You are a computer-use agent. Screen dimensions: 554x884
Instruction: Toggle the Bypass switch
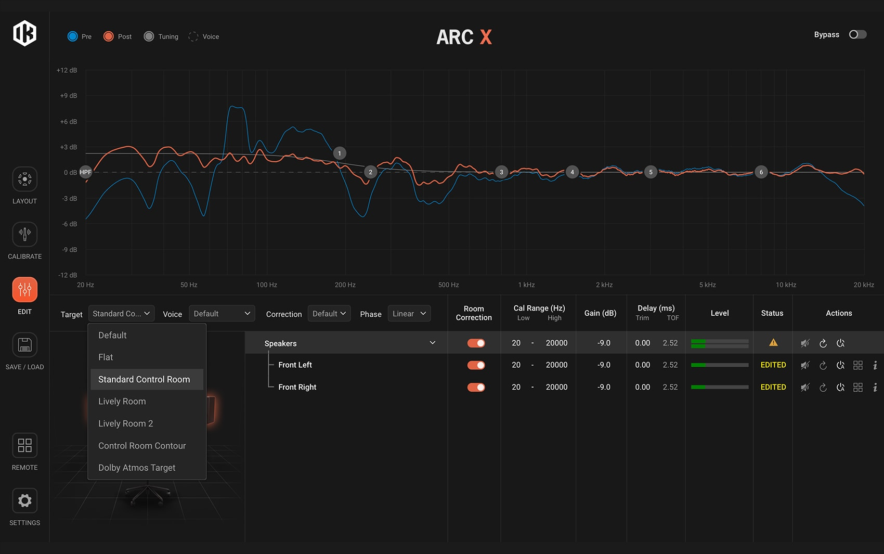(x=857, y=34)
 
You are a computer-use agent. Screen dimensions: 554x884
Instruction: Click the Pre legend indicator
(x=73, y=36)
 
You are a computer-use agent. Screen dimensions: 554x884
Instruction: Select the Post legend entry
(x=109, y=36)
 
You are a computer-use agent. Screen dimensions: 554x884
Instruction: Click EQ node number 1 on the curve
(x=340, y=153)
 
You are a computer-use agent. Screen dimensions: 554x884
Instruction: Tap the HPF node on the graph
(x=86, y=172)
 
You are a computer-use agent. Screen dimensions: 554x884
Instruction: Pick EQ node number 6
(x=761, y=172)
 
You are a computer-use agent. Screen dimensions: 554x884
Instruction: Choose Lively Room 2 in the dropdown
(x=126, y=423)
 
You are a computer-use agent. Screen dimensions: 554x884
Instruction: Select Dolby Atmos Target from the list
(x=137, y=468)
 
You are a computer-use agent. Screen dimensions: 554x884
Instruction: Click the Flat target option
(x=106, y=357)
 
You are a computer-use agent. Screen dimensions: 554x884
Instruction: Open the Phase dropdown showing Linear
(x=409, y=314)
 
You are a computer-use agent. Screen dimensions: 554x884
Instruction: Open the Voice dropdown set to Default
(x=222, y=314)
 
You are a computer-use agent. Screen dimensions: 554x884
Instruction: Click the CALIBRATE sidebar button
(x=24, y=235)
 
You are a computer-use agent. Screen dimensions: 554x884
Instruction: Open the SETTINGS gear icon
(x=24, y=501)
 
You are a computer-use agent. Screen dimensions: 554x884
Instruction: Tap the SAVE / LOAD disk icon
(x=24, y=345)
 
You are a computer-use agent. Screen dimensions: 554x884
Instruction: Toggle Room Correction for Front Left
(x=476, y=365)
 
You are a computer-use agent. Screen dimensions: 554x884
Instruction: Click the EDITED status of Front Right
(x=773, y=387)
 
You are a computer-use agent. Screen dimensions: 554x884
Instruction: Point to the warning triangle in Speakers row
(x=773, y=343)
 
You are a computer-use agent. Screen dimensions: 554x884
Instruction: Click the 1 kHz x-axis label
(x=526, y=285)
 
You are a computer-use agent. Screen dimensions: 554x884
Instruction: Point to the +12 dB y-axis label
(x=67, y=70)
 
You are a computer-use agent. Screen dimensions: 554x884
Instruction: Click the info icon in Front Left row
(x=875, y=365)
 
